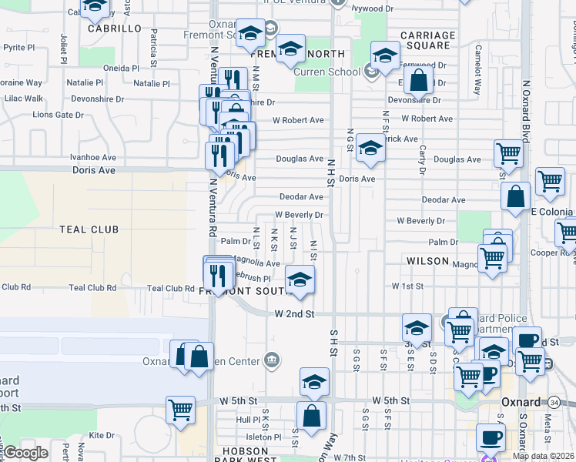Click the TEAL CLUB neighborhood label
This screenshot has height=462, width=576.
point(89,229)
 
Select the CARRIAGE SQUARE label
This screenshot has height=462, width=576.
point(427,40)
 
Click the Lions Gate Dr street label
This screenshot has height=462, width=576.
point(58,115)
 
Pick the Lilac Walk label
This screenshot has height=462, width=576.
point(23,99)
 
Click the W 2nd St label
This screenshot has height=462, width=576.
point(295,314)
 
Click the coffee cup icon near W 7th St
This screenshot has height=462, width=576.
point(491,437)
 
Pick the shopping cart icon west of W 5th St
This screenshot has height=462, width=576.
point(180,410)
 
